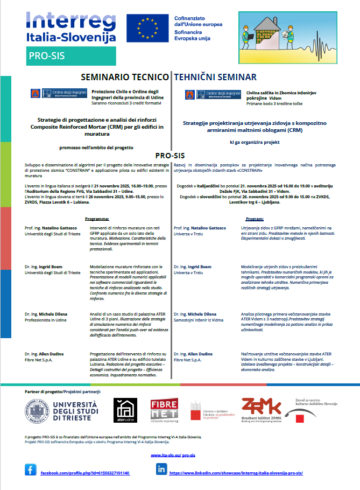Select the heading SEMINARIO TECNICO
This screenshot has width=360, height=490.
click(x=124, y=78)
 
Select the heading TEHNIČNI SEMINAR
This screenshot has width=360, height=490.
click(x=215, y=78)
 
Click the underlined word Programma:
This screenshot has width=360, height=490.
click(x=97, y=219)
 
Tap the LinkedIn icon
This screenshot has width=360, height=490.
click(x=161, y=470)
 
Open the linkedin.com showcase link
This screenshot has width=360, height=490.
click(x=236, y=473)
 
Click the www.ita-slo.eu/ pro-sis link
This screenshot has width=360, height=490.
click(x=178, y=455)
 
